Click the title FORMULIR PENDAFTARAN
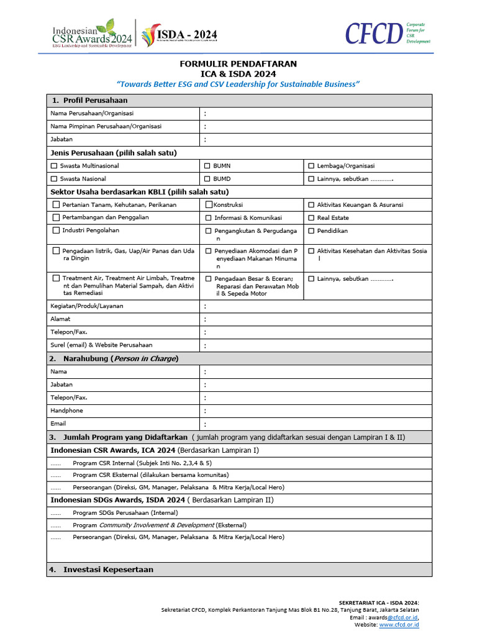[238, 64]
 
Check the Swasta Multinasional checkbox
[54, 166]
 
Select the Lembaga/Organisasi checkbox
[311, 166]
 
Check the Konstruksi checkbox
[209, 204]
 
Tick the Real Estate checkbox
[311, 218]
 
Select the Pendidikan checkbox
[311, 231]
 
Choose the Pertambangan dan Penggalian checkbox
[56, 217]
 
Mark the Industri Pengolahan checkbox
[56, 230]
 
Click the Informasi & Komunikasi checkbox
[209, 218]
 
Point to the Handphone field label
[66, 411]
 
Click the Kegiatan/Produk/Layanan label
[86, 306]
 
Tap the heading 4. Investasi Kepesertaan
[102, 570]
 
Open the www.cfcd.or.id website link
[399, 625]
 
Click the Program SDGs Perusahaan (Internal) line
[125, 513]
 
